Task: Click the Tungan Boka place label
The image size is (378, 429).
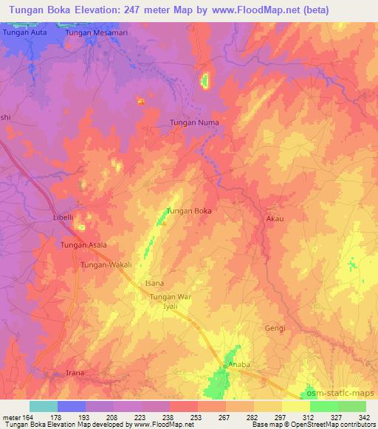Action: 189,211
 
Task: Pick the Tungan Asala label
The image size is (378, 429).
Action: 83,245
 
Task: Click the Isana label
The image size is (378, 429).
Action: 154,283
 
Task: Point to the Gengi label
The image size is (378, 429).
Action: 275,328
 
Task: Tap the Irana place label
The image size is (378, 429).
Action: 77,373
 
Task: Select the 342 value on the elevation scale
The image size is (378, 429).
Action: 365,416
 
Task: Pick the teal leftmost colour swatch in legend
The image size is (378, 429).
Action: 43,406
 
